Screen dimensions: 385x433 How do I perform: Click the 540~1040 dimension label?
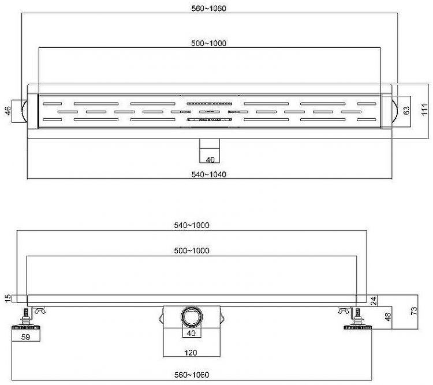(209, 175)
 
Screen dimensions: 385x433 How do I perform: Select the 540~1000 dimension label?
(192, 226)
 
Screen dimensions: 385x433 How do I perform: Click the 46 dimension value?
(8, 110)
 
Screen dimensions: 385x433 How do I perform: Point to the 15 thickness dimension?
(7, 298)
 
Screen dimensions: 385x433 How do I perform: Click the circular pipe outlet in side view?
(191, 317)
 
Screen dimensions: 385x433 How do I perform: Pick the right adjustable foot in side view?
(358, 320)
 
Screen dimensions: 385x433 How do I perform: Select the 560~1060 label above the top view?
(209, 8)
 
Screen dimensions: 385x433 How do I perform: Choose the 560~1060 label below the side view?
(192, 375)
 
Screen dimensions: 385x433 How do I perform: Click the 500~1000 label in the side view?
(192, 250)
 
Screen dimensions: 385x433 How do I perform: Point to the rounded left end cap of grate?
(23, 109)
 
